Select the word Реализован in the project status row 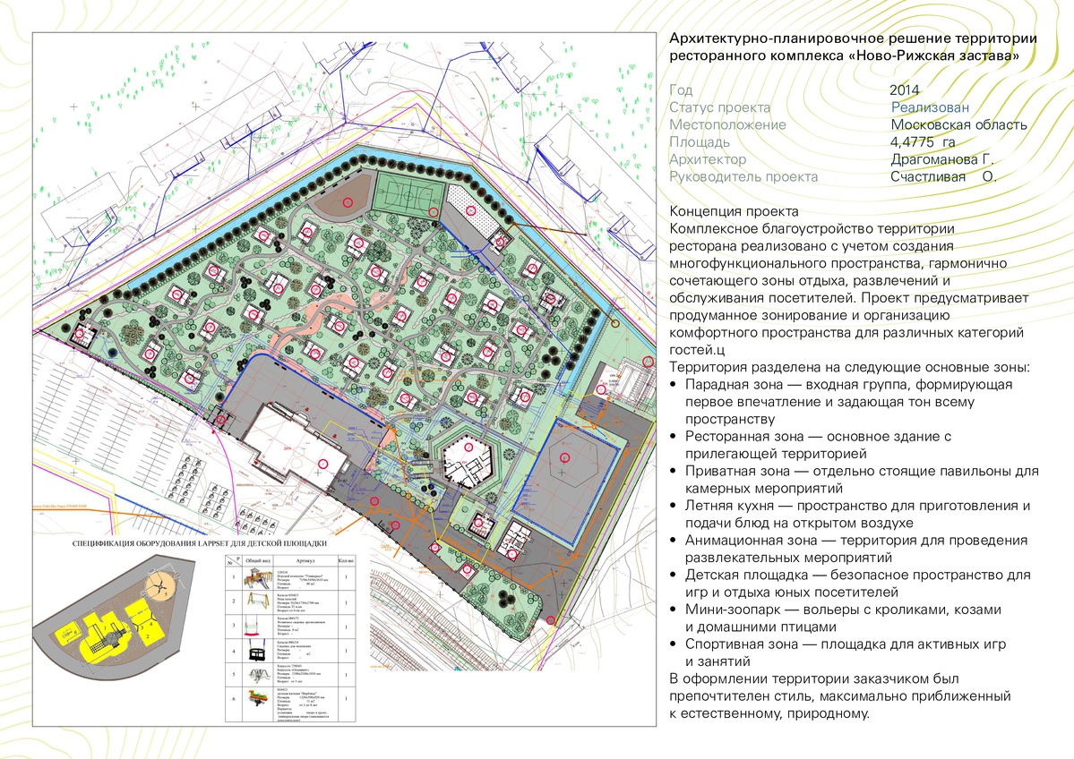[x=930, y=107]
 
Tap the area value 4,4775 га [x=923, y=141]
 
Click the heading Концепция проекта [x=734, y=212]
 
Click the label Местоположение [x=727, y=124]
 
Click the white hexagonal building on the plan [x=466, y=456]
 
